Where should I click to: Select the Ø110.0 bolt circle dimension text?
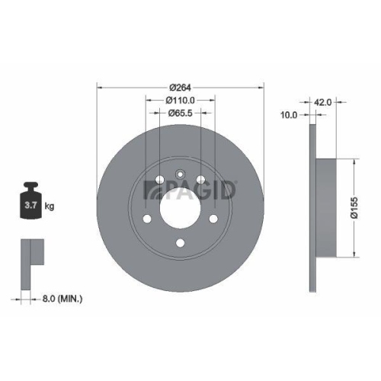[x=181, y=99]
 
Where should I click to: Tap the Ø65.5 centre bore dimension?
[x=181, y=114]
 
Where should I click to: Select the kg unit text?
[x=50, y=207]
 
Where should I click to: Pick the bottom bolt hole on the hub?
[x=180, y=243]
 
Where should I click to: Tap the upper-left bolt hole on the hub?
[x=158, y=181]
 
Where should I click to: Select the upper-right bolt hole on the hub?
[x=202, y=181]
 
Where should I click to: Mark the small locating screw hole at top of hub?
[x=180, y=172]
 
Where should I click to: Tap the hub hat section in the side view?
[x=323, y=207]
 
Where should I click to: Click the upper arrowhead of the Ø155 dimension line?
[x=354, y=162]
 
